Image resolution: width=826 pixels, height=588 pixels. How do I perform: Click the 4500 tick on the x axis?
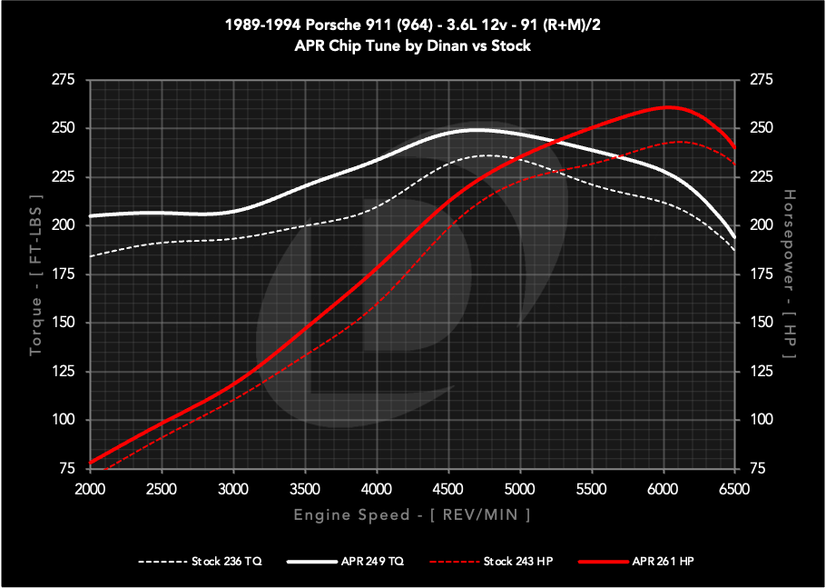click(x=447, y=488)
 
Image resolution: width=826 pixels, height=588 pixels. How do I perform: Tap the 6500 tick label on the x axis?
click(x=733, y=488)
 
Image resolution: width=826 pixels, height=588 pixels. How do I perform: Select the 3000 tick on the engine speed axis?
click(x=233, y=488)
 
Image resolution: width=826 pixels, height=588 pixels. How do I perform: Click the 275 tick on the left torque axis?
click(x=64, y=81)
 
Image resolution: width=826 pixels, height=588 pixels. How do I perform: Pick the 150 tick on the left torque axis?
click(x=64, y=323)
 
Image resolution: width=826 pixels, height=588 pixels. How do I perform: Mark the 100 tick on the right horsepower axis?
click(x=761, y=420)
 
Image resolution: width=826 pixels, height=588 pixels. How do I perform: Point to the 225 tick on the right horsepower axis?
click(x=761, y=177)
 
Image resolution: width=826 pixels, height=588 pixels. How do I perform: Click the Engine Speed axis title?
click(x=411, y=515)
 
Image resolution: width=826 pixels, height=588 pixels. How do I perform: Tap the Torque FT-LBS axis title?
click(x=35, y=274)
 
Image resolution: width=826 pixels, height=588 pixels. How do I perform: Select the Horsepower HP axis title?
click(x=790, y=274)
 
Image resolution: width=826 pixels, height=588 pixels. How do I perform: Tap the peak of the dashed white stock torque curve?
click(x=487, y=155)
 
